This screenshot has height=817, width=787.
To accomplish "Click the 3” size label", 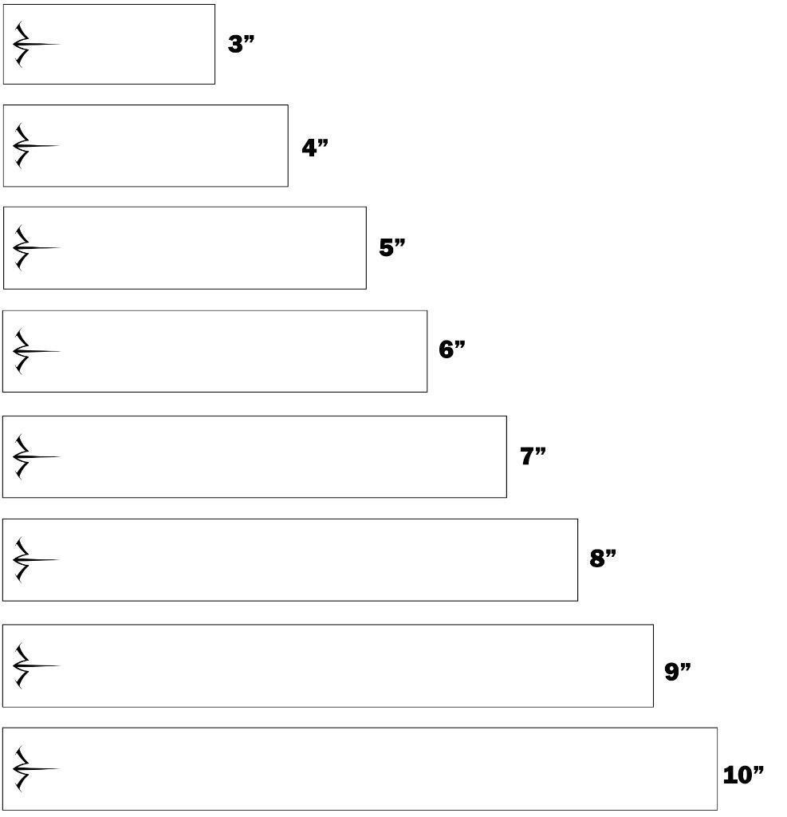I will point(240,44).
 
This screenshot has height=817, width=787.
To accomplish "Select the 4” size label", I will point(314,148).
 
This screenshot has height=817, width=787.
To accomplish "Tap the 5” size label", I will point(392,247).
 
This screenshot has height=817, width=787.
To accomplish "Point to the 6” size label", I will point(451,349).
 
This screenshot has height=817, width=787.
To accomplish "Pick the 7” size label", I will point(533,456).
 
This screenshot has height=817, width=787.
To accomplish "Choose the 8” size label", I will point(603,558).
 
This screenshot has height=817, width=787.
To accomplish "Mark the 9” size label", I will point(678,671).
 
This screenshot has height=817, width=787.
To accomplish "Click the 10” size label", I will point(742,774).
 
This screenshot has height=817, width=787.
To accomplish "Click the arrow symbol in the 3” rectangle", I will point(32,44).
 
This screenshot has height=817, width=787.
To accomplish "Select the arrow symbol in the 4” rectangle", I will point(32,146).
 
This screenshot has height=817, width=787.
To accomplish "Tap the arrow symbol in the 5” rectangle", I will point(32,248).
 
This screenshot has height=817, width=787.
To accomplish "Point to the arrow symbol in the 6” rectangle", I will point(32,351).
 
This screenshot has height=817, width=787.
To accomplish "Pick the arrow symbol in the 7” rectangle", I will point(32,456).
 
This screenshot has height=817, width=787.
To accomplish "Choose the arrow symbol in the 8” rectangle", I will point(32,559).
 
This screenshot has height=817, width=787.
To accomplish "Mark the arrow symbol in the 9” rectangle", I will point(32,665).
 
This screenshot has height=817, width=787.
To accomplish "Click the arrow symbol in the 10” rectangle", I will point(32,769).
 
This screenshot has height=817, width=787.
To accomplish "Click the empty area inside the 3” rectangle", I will point(136,44).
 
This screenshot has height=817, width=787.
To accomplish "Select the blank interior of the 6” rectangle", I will point(239,351).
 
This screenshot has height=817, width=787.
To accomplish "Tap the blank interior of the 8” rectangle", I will point(319,559).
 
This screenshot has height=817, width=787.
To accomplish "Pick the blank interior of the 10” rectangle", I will point(383,769).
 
